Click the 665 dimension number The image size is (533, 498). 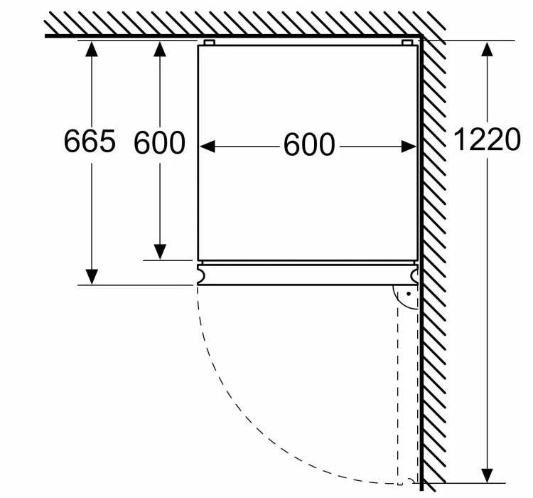(x=90, y=140)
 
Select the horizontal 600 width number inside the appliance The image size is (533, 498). (x=309, y=145)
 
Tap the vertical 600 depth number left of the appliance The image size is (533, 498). (x=159, y=142)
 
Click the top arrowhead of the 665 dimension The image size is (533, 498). (x=92, y=48)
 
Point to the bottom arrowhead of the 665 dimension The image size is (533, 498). (x=92, y=277)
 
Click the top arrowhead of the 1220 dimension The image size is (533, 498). (x=488, y=48)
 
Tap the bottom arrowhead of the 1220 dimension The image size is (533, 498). (x=488, y=475)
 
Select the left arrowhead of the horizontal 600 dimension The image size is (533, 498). (x=207, y=147)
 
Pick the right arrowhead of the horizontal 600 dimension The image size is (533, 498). (x=409, y=147)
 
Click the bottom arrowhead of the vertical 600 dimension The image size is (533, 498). (x=160, y=252)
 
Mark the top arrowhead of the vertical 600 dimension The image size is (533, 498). (x=160, y=48)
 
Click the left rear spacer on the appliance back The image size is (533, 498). (x=210, y=43)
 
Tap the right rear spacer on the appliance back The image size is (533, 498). (x=407, y=43)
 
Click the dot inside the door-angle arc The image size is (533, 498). (x=409, y=293)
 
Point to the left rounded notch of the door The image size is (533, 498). (x=201, y=275)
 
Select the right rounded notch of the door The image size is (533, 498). (x=415, y=275)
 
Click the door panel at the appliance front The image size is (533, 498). (x=308, y=275)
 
